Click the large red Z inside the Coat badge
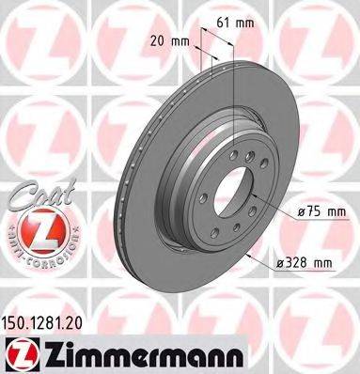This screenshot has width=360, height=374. pos(31,228)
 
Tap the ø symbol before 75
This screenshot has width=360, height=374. pos(280,213)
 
